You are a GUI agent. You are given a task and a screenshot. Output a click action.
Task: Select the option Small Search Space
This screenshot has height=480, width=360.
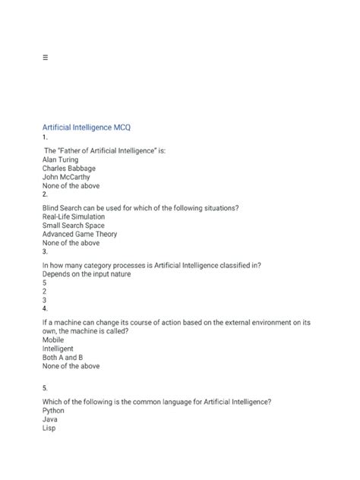[x=74, y=226]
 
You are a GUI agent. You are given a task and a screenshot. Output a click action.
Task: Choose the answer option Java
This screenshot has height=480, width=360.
[x=51, y=419]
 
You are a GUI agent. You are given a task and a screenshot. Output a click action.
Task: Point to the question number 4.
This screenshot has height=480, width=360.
[x=45, y=309]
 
